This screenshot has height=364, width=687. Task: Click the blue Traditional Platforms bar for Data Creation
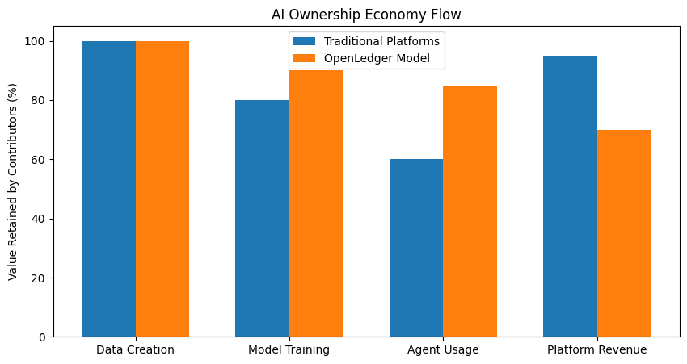[x=108, y=189]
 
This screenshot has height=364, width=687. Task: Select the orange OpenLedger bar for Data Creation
[x=162, y=189]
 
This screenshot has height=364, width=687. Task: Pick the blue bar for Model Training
[x=263, y=219]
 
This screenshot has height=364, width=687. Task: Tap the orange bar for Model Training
[x=316, y=204]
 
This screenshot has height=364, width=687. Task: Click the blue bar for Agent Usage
[x=416, y=248]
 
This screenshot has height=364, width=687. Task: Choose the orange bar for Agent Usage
[x=470, y=211]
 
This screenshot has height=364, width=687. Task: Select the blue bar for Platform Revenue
[x=570, y=196]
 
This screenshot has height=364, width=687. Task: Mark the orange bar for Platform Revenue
[x=624, y=233]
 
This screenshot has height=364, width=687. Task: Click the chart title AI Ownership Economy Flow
[x=366, y=15]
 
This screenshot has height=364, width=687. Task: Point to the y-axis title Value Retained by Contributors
[x=12, y=182]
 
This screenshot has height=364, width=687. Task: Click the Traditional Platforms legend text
[x=381, y=41]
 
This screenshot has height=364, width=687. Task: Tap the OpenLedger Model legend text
[x=377, y=58]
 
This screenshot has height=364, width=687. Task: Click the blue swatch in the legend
[x=304, y=41]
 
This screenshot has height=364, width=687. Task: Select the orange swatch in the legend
[x=304, y=58]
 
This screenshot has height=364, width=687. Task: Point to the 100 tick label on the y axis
[x=35, y=41]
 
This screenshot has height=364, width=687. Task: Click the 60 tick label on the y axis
[x=38, y=160]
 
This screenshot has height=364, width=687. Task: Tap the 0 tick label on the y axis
[x=41, y=337]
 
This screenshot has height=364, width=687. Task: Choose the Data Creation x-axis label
[x=136, y=350]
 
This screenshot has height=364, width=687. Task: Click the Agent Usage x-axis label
[x=443, y=350]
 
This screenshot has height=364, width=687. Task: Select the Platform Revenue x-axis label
[x=596, y=350]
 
